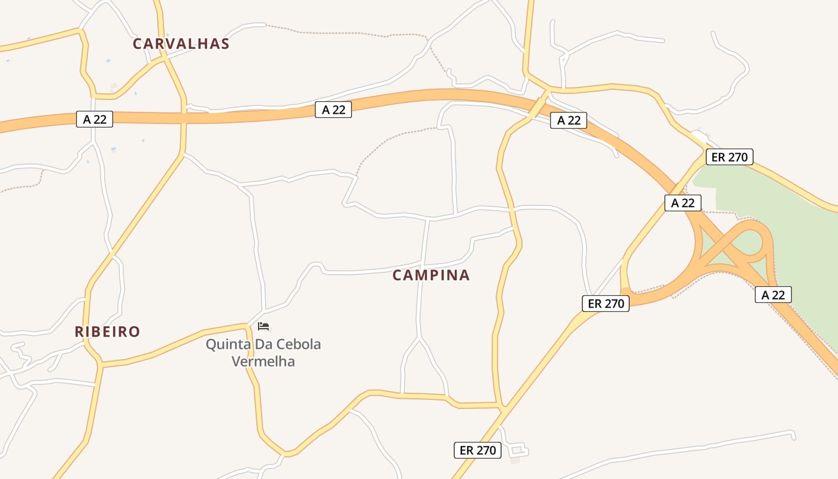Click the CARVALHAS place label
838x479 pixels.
coord(181,44)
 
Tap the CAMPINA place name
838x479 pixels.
coord(431,275)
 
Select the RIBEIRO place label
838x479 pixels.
coord(107,332)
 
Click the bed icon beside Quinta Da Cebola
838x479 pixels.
coord(263,326)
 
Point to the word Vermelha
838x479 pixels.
coord(263,361)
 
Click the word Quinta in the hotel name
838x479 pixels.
coord(226,344)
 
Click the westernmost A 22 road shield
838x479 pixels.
coord(95,119)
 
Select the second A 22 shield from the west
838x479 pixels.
coord(333,110)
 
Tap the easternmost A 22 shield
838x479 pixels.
coord(773,295)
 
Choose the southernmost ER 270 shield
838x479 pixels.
coord(478,450)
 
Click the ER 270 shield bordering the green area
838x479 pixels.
coord(729,157)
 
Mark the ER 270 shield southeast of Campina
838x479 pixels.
coord(606,304)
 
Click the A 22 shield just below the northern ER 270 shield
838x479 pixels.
coord(682,202)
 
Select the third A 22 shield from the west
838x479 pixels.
coord(569,120)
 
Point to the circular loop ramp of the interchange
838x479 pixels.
coord(752,243)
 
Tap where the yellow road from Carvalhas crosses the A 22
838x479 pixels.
coord(183,117)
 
